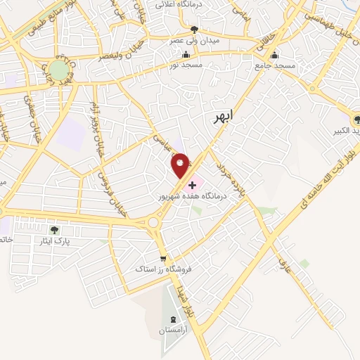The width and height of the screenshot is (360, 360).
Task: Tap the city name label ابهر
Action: click(x=221, y=117)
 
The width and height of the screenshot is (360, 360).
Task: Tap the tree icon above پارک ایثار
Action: click(x=56, y=229)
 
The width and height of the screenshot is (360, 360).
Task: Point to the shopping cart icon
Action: click(x=163, y=257)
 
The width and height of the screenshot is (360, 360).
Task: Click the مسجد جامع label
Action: click(x=276, y=65)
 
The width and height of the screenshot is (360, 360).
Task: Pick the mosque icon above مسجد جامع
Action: click(x=274, y=54)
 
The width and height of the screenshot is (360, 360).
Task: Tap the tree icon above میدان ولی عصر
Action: click(x=195, y=30)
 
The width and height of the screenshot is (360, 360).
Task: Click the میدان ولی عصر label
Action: click(x=195, y=41)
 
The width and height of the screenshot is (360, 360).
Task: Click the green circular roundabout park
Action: click(x=57, y=70)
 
